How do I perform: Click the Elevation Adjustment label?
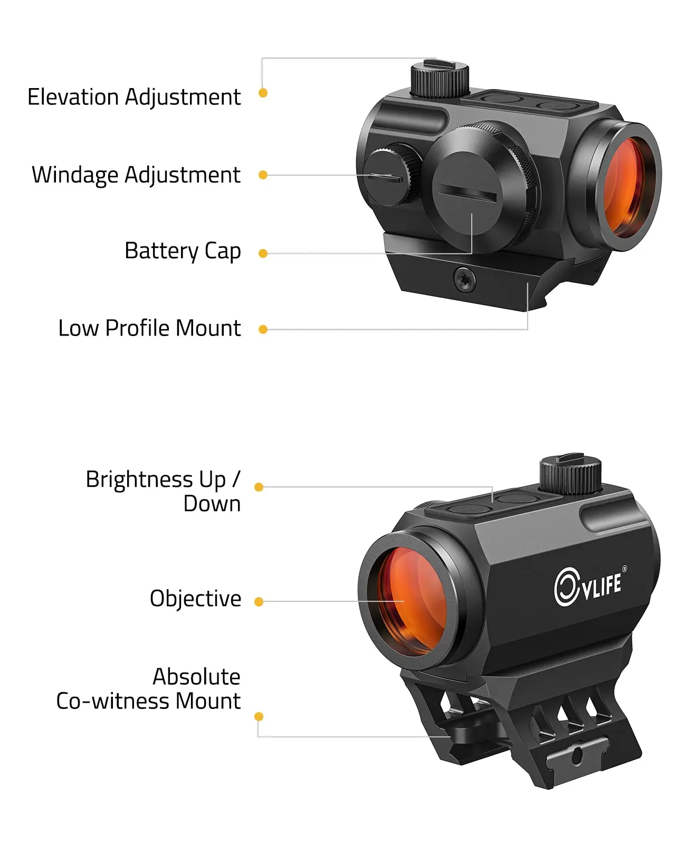[x=134, y=97]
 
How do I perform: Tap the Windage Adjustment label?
[x=136, y=175]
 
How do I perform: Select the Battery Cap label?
[x=183, y=251]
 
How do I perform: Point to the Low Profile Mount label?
[x=149, y=328]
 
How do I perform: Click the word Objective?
[x=195, y=599]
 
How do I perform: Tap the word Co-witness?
[x=113, y=701]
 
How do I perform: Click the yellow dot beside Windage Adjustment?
[x=263, y=175]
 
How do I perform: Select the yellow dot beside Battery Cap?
[x=263, y=253]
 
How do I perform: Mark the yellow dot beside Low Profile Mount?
[x=263, y=329]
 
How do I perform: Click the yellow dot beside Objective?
[x=259, y=602]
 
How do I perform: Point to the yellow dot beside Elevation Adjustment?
[x=263, y=93]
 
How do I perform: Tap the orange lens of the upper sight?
[x=624, y=187]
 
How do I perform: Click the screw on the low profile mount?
[x=464, y=280]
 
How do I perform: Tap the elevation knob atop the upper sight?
[x=440, y=79]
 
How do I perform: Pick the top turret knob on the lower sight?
[x=570, y=474]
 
